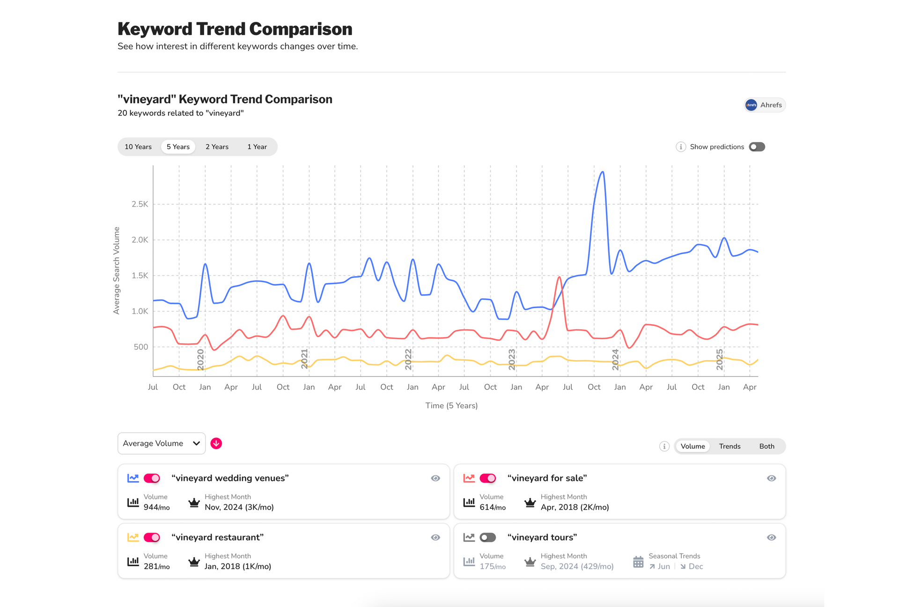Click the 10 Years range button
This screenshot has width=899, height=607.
pyautogui.click(x=138, y=147)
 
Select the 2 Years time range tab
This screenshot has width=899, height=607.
pyautogui.click(x=217, y=147)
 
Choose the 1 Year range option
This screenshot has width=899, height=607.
pyautogui.click(x=257, y=147)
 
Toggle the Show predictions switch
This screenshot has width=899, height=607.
pyautogui.click(x=757, y=147)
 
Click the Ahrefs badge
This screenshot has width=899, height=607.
pyautogui.click(x=765, y=105)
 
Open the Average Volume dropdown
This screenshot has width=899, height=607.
pyautogui.click(x=161, y=443)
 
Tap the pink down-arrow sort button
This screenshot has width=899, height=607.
pyautogui.click(x=216, y=443)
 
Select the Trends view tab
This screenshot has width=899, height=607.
pyautogui.click(x=730, y=446)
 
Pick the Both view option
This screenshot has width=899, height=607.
pyautogui.click(x=766, y=446)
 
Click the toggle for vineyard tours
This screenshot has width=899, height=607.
pyautogui.click(x=487, y=537)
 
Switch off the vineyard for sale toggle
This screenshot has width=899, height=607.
pyautogui.click(x=487, y=478)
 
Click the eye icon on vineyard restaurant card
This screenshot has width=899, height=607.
pyautogui.click(x=435, y=537)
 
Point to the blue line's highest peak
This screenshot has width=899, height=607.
pyautogui.click(x=603, y=172)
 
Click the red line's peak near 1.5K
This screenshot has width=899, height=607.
pyautogui.click(x=559, y=277)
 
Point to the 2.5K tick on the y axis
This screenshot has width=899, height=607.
pyautogui.click(x=140, y=204)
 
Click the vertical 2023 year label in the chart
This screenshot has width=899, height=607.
pyautogui.click(x=512, y=359)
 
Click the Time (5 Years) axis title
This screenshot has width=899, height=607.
pyautogui.click(x=451, y=406)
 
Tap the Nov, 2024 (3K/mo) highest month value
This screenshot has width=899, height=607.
pyautogui.click(x=239, y=507)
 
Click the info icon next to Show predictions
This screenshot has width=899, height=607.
pyautogui.click(x=680, y=147)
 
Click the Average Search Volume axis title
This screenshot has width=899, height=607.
pyautogui.click(x=117, y=270)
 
